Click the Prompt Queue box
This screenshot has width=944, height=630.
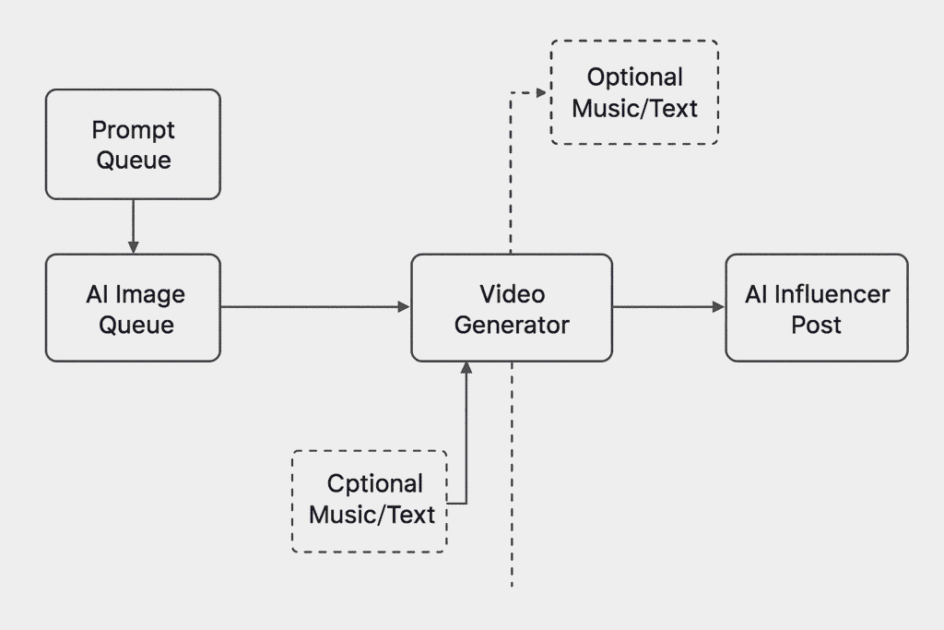133,144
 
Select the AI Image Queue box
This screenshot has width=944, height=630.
133,308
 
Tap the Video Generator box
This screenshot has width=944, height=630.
512,308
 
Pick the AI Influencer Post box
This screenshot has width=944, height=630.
816,308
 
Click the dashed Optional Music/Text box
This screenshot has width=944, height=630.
634,92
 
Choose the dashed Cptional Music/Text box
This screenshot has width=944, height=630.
370,501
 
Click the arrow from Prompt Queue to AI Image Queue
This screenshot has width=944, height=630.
133,227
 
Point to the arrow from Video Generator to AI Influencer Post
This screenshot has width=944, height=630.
668,307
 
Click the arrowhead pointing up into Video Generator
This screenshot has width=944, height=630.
466,368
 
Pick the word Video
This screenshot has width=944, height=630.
512,294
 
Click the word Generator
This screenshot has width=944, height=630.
512,325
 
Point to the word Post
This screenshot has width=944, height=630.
816,325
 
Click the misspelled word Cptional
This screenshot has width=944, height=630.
374,484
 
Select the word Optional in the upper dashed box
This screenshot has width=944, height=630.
634,77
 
